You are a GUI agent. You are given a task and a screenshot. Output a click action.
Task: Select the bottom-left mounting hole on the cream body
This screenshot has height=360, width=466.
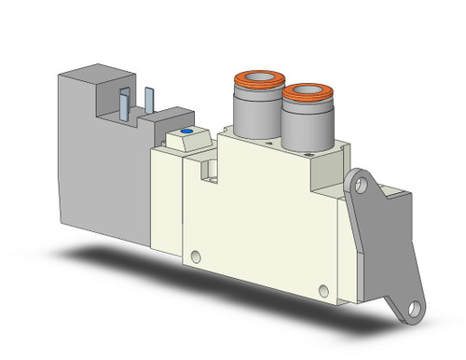[195, 256]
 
